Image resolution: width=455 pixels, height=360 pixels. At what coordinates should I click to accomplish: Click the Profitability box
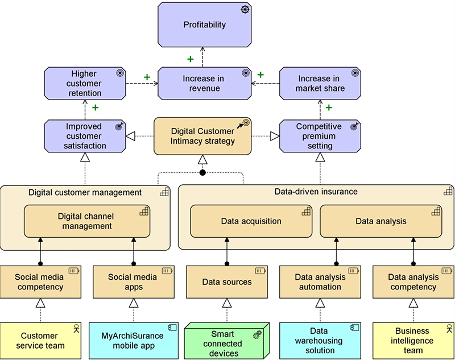[x=205, y=24]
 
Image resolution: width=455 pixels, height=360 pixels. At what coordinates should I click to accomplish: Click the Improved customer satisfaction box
[x=84, y=136]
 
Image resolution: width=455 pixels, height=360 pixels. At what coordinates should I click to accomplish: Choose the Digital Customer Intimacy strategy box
[x=202, y=136]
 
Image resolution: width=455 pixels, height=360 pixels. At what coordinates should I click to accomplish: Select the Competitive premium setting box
[x=320, y=136]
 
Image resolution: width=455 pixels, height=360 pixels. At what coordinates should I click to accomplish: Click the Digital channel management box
[x=86, y=221]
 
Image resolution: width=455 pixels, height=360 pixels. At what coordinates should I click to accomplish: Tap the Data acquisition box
[x=251, y=221]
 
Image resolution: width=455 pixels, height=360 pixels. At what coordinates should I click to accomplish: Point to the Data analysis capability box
[x=380, y=221]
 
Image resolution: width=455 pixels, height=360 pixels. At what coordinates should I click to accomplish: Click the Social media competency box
[x=40, y=282]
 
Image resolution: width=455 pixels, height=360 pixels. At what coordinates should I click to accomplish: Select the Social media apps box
[x=133, y=282]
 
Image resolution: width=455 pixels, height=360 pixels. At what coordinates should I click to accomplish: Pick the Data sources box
[x=227, y=282]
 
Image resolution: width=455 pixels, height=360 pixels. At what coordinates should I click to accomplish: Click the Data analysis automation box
[x=320, y=282]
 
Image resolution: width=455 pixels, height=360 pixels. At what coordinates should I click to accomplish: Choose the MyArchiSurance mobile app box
[x=133, y=340]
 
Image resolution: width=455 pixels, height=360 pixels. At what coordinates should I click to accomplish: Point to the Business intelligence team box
[x=413, y=340]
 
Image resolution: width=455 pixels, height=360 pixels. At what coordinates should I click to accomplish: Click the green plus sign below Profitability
[x=190, y=59]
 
